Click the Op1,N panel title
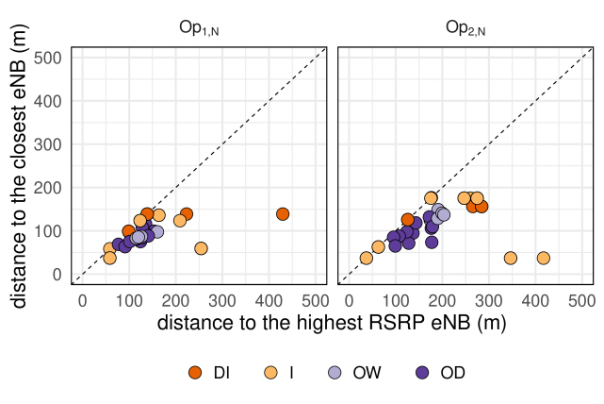tap(199, 28)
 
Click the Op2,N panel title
tap(465, 28)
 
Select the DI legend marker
tap(196, 373)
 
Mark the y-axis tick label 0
tap(57, 275)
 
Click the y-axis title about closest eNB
tap(21, 165)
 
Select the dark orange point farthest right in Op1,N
tap(283, 214)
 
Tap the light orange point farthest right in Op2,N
tap(544, 258)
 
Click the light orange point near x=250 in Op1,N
tap(201, 248)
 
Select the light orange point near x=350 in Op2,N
tap(511, 258)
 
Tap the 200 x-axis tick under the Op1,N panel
tap(176, 300)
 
